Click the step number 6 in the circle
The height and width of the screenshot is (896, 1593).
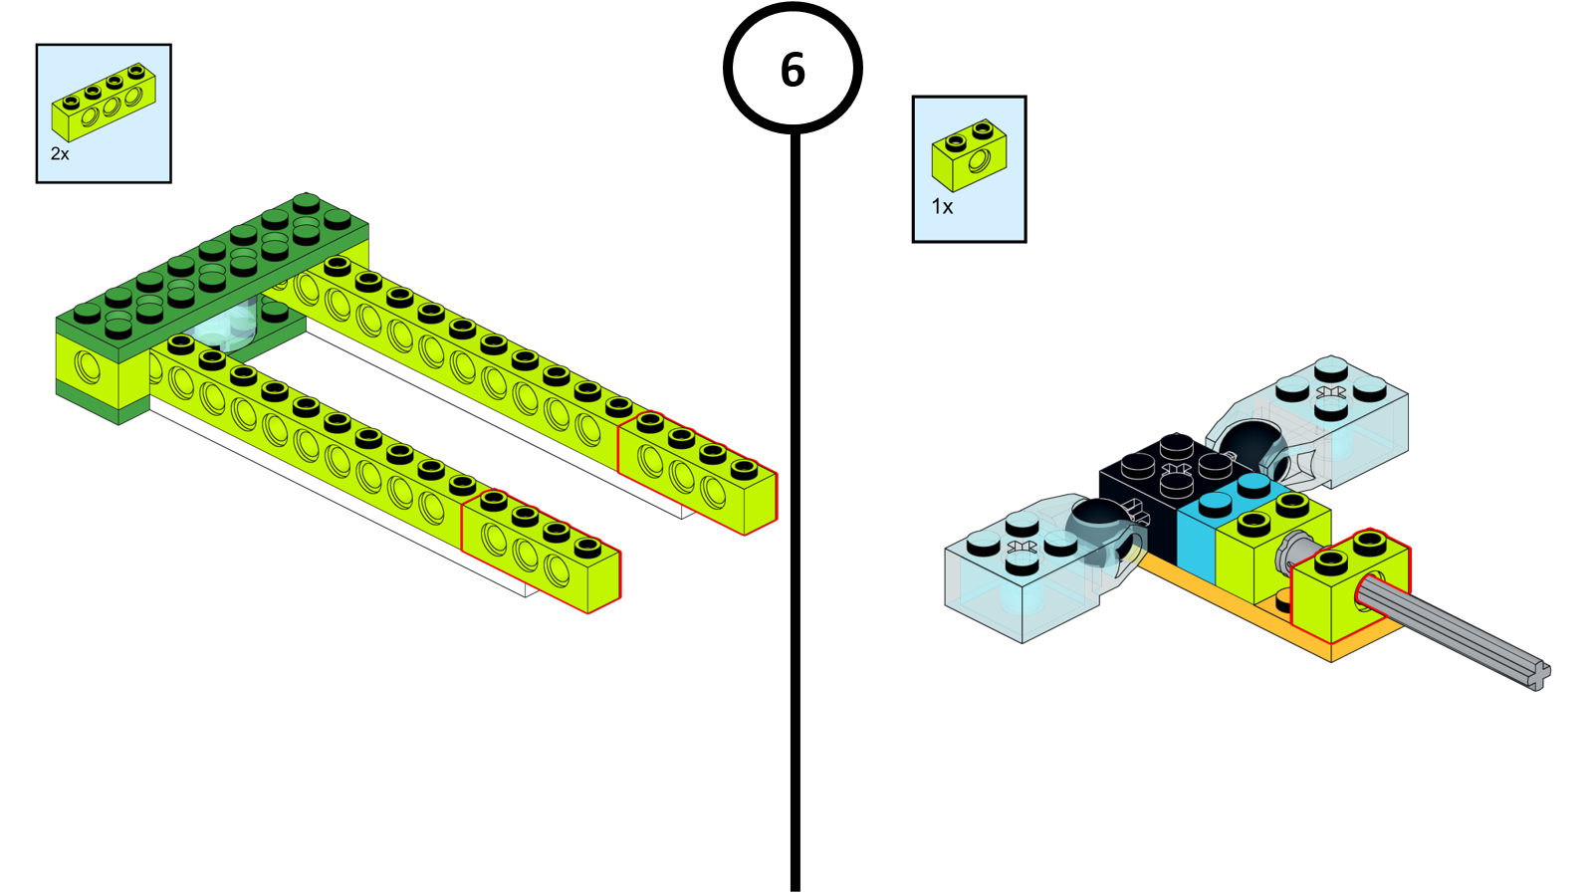point(793,70)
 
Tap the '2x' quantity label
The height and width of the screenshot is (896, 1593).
point(60,154)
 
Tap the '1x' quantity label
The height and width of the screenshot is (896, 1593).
point(942,207)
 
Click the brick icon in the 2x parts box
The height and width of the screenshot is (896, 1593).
point(104,103)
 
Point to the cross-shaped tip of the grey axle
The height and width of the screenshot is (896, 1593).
point(1539,676)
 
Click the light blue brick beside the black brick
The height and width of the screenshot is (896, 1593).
point(1200,538)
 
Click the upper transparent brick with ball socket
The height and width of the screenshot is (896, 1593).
point(1344,418)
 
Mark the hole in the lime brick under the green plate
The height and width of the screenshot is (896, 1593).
point(87,366)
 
